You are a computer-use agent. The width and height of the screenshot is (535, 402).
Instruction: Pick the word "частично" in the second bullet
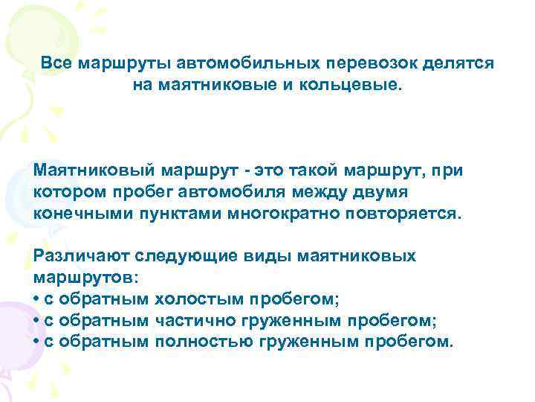click(x=189, y=321)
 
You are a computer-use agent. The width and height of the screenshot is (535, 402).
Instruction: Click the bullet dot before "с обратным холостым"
click(x=36, y=299)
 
